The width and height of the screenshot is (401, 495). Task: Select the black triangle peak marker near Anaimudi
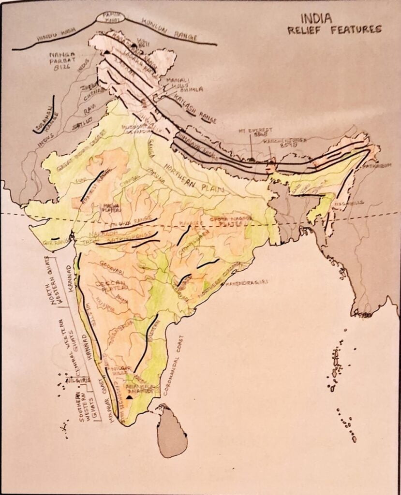coord(129,397)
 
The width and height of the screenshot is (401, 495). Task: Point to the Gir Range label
coord(54,240)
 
